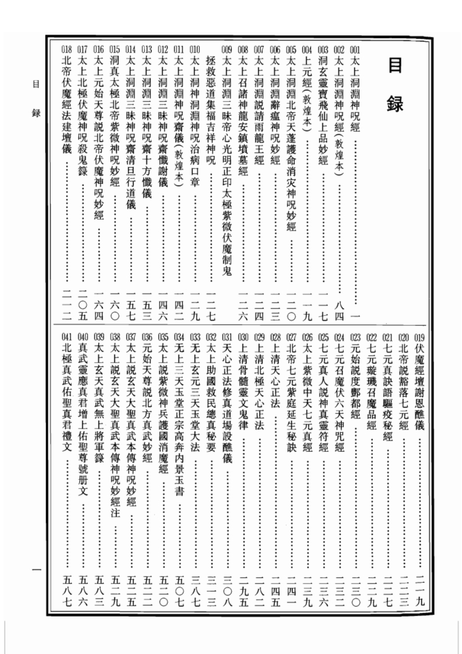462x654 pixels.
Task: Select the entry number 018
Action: pos(66,50)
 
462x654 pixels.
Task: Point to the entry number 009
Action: pos(227,50)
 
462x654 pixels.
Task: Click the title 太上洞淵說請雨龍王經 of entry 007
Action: pos(259,111)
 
